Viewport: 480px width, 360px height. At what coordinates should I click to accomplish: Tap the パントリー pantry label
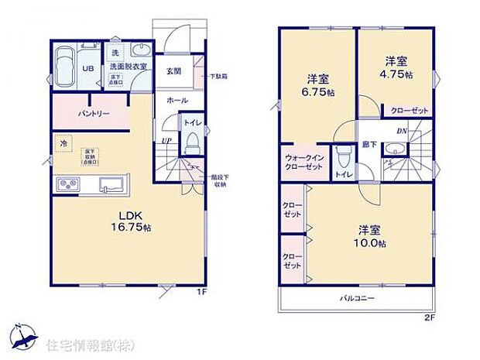point(93,115)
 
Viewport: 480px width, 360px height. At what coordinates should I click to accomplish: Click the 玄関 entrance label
point(173,71)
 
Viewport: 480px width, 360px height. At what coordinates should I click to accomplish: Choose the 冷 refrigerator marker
point(63,144)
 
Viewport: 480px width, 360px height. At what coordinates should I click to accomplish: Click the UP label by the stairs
point(166,140)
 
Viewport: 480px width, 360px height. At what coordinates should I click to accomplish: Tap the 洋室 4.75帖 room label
point(395,67)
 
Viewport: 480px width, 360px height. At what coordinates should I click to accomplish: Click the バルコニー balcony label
point(356,297)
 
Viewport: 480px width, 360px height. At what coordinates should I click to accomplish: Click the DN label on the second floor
point(403,132)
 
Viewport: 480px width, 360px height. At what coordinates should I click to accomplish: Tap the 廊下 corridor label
point(367,145)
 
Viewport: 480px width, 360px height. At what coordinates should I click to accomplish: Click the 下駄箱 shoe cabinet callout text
point(220,77)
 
